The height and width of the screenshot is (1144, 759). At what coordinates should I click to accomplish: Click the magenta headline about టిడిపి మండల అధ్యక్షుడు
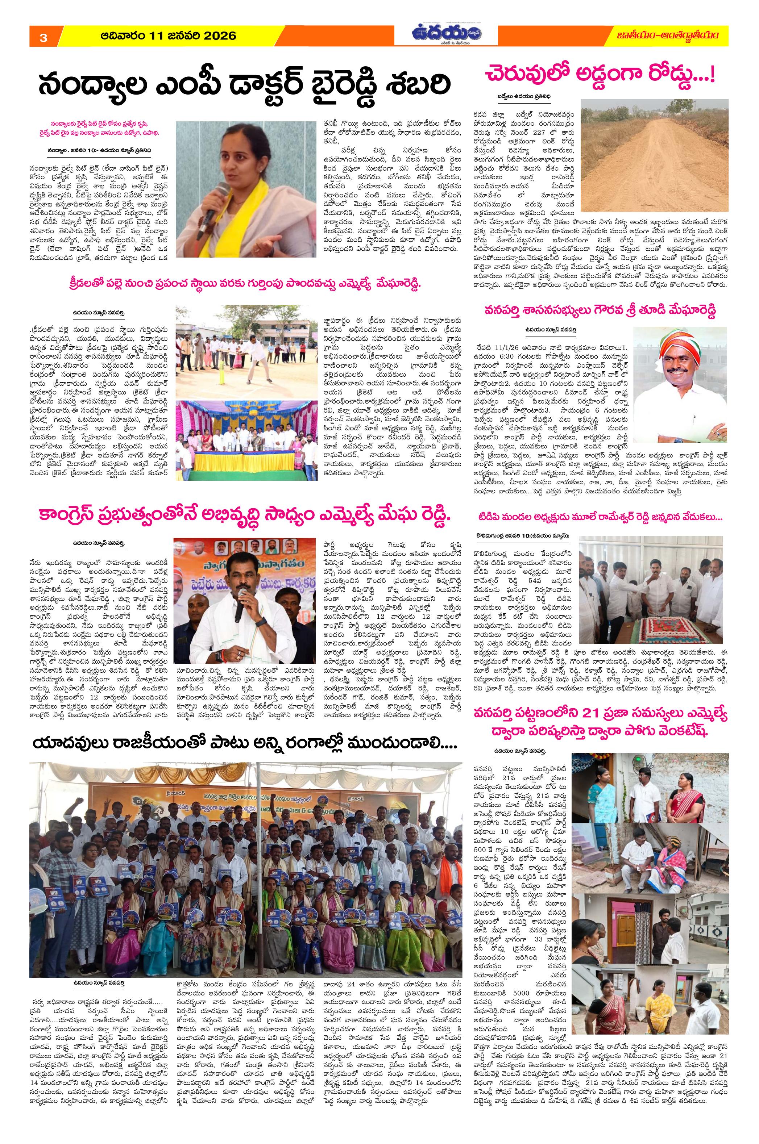(600, 517)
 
